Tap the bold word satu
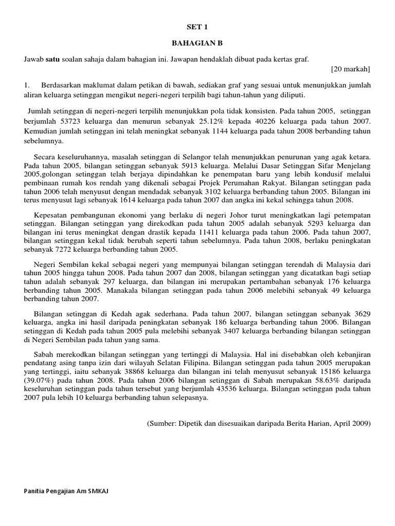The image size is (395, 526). tap(53, 60)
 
